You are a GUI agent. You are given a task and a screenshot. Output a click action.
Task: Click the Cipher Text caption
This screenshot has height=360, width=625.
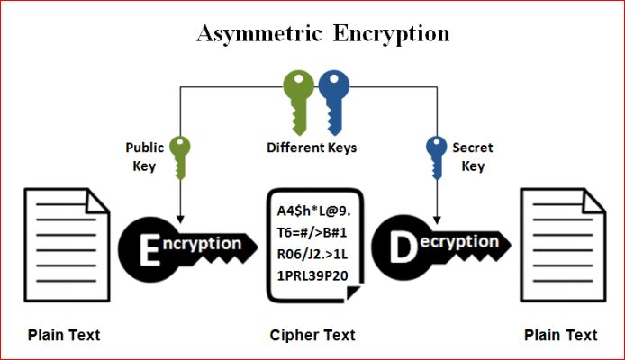[x=312, y=335]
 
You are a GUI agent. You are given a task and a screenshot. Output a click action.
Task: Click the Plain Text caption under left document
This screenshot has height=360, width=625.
[x=64, y=335]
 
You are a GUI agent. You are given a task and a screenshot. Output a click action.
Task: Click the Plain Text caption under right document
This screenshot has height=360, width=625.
[x=560, y=335]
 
